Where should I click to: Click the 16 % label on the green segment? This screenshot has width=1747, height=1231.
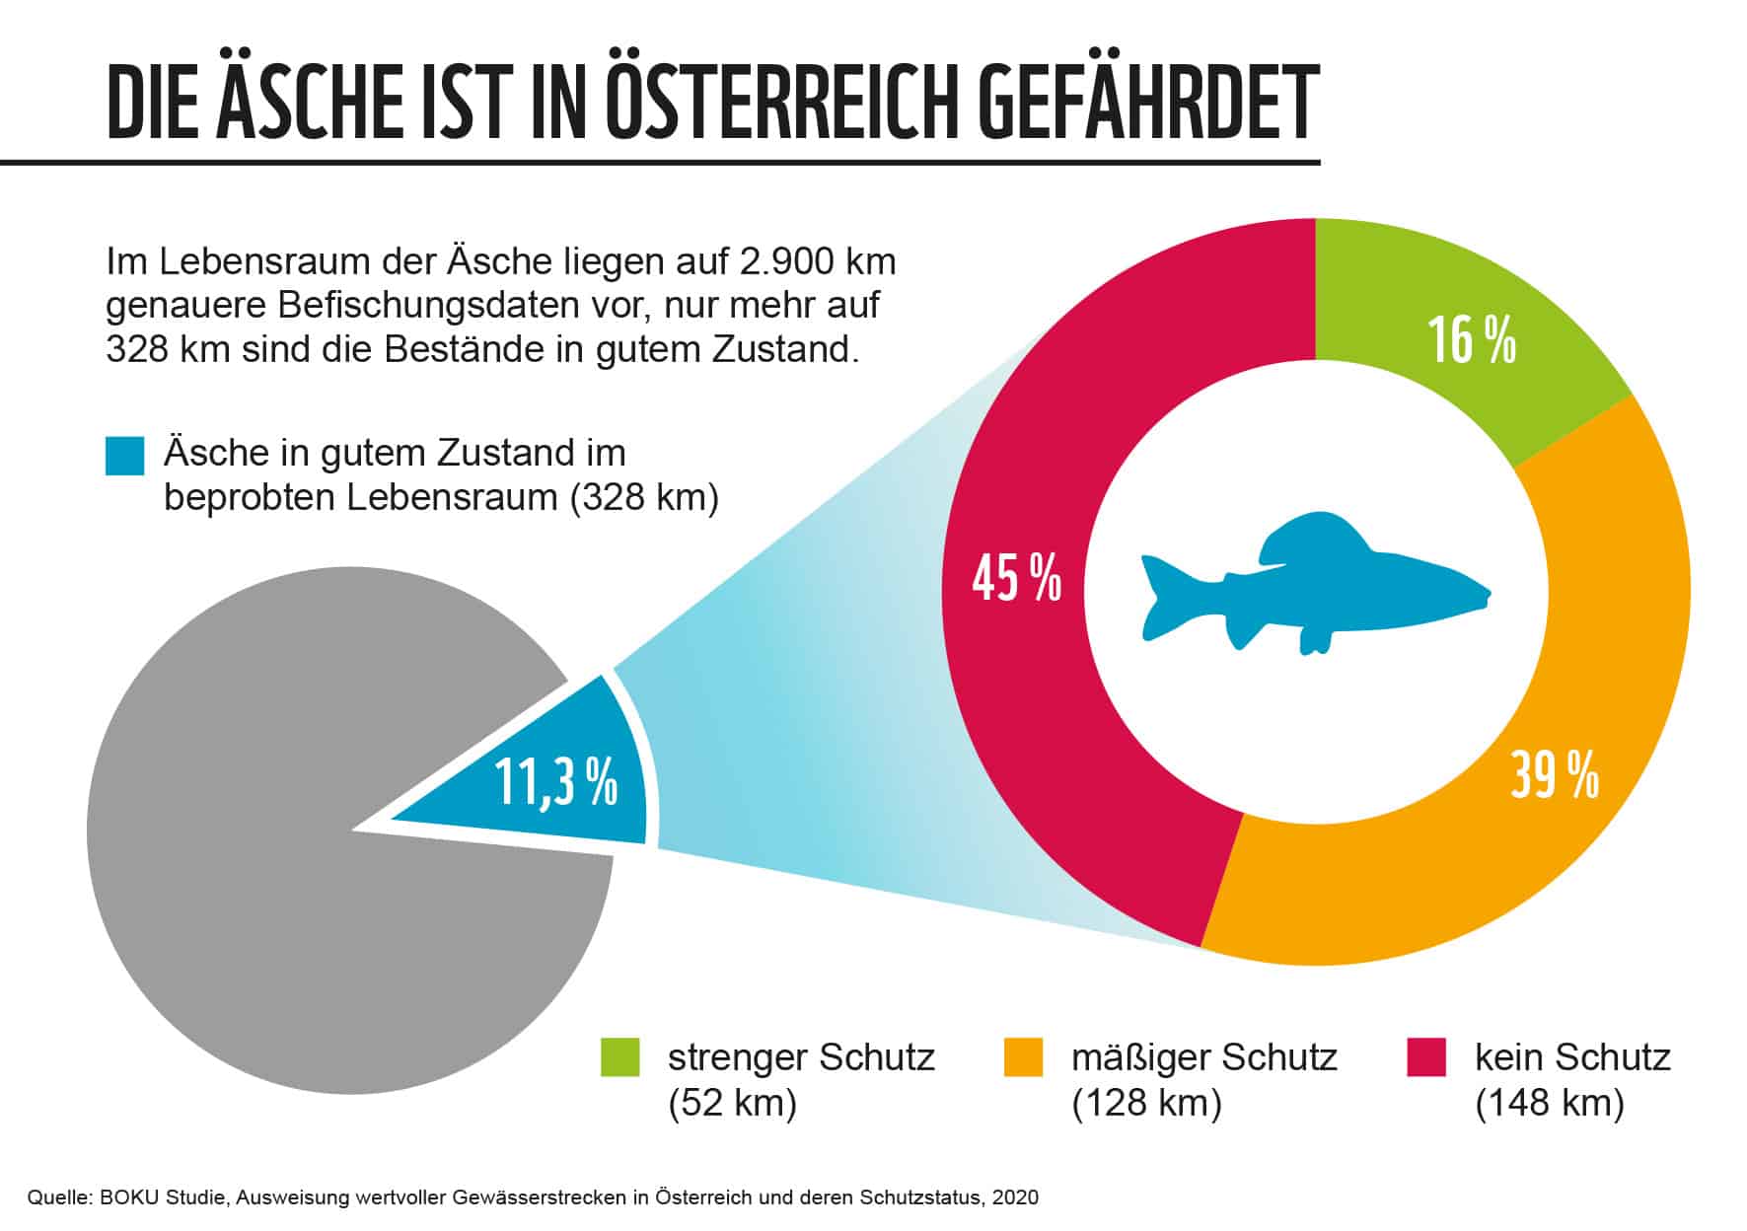coord(1471,341)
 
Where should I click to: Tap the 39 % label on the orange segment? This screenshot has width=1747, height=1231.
coord(1554,775)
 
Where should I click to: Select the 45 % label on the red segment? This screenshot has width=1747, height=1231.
coord(1016,578)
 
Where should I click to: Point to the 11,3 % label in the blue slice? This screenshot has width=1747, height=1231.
coord(555,783)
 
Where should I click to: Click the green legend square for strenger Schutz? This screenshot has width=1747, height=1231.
coord(620,1057)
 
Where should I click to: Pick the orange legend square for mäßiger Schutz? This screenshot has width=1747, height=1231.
coord(1023,1057)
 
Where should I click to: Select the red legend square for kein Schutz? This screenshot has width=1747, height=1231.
coord(1426,1057)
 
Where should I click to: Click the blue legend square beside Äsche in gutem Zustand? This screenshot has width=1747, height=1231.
coord(125,457)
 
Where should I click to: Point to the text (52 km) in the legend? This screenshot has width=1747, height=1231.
coord(732,1102)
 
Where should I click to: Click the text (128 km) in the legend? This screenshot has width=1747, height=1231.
coord(1146,1102)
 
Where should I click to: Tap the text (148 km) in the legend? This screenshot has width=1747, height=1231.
coord(1549,1102)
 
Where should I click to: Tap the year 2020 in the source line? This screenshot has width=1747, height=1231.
coord(1016,1198)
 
